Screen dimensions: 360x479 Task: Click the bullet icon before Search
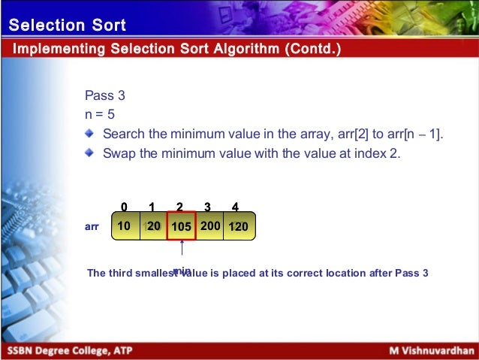point(90,134)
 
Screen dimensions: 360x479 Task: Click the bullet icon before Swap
point(90,153)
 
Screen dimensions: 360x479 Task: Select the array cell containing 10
point(125,225)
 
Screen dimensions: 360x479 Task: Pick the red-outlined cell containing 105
point(181,226)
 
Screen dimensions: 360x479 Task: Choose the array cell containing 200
point(210,225)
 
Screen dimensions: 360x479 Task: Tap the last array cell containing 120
point(239,225)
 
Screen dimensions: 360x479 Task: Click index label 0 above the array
point(124,207)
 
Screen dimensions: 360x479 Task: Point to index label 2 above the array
point(180,207)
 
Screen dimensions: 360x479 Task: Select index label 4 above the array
point(236,207)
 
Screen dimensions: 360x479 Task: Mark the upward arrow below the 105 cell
point(182,253)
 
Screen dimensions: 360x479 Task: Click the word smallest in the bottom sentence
point(157,274)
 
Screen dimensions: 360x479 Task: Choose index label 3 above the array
point(208,207)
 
